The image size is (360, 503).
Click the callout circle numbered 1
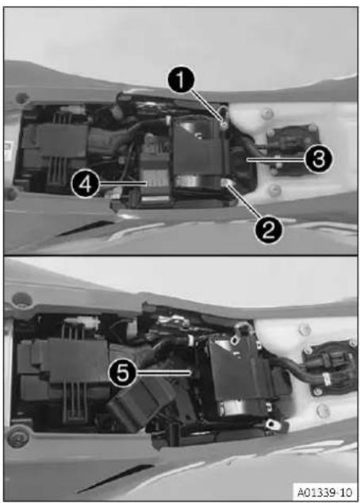tap(181, 80)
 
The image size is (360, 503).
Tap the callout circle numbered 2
tap(269, 230)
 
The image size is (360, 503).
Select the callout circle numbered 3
tap(318, 159)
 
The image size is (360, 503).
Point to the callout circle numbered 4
tap(85, 184)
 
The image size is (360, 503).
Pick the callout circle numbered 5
tap(123, 373)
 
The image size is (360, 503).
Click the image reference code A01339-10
tap(325, 492)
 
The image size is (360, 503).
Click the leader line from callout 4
tap(122, 183)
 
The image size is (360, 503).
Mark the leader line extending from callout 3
tap(276, 159)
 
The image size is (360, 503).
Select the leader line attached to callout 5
tap(163, 372)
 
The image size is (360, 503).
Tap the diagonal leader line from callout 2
tap(244, 203)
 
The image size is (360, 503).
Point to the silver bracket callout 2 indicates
tap(227, 183)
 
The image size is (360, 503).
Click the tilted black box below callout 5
tap(141, 404)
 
